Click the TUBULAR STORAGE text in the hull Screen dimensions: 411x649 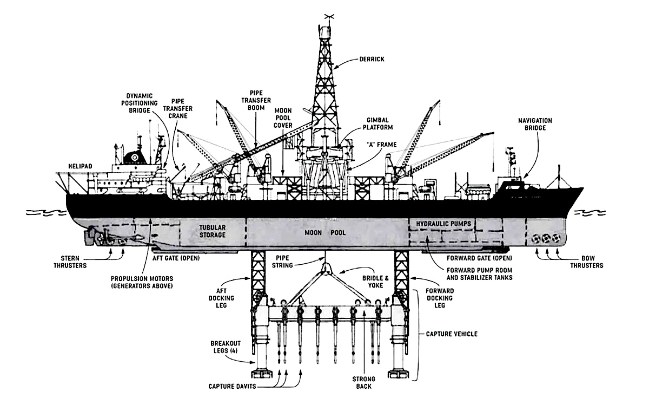[x=213, y=231]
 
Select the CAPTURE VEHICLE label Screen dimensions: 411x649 [x=452, y=334]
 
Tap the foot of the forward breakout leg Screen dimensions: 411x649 [x=401, y=373]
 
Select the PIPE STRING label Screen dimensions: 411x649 [x=283, y=262]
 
